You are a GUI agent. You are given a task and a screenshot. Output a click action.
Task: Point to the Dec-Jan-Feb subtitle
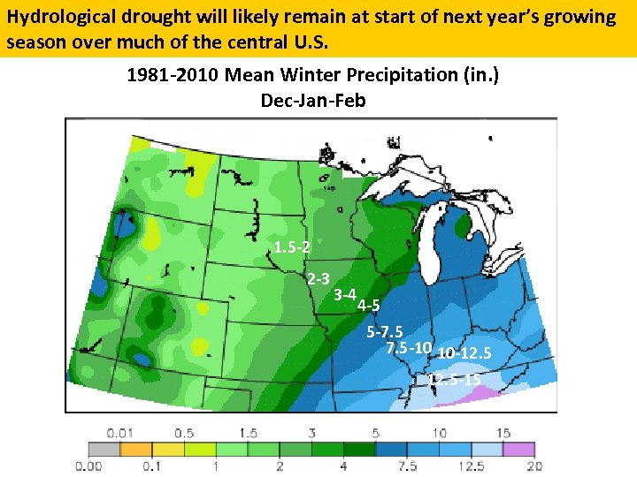coord(313,100)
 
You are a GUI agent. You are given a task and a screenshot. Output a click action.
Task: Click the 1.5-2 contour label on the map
coord(292,247)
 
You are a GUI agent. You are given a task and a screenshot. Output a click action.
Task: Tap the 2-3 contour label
coord(318,278)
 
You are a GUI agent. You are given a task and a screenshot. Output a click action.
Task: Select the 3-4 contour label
coord(346,293)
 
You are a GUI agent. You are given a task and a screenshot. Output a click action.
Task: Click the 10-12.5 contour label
coord(464,353)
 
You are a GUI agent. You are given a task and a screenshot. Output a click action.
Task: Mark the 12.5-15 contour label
coord(455,380)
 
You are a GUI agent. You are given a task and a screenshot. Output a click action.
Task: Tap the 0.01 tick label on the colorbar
coord(121,433)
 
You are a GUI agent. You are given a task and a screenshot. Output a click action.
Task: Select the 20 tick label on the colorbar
coord(533,466)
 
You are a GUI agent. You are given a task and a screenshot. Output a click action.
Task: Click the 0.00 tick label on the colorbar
coord(89,466)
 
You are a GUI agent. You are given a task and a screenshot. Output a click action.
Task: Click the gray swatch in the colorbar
coord(105,449)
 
